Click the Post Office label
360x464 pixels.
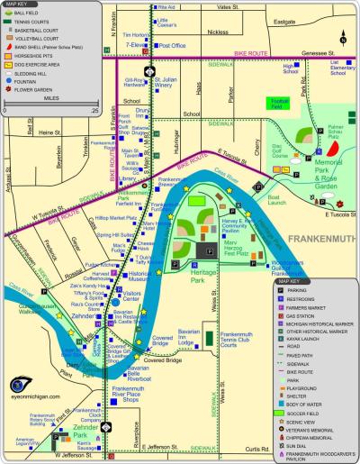coord(171,44)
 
